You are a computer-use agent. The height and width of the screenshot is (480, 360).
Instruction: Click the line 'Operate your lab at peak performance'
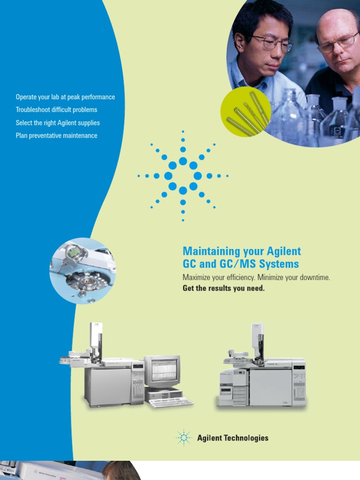(65, 97)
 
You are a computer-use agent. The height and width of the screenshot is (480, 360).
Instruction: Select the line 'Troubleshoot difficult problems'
(56, 110)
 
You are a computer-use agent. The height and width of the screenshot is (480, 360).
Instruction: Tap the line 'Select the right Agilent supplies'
(58, 123)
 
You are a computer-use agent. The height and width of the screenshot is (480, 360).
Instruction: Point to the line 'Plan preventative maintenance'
(56, 135)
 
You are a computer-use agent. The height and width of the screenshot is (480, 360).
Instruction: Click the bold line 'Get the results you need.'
(224, 288)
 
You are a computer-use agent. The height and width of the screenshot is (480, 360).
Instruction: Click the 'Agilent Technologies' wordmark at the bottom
(232, 438)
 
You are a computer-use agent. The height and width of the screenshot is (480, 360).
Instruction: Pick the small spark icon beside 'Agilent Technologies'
(184, 438)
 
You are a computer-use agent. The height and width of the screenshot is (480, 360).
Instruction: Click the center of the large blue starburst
(183, 176)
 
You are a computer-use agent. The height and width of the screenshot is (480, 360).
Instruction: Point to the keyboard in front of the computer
(171, 402)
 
